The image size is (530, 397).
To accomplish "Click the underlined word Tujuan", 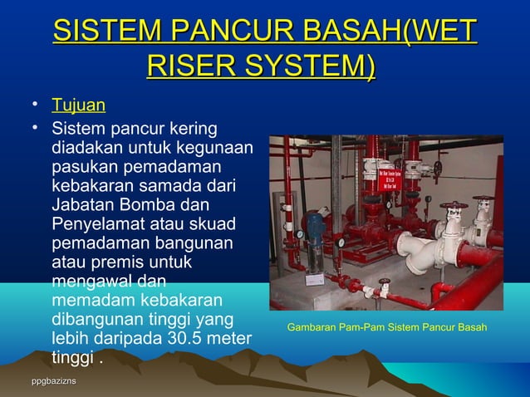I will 78,106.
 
